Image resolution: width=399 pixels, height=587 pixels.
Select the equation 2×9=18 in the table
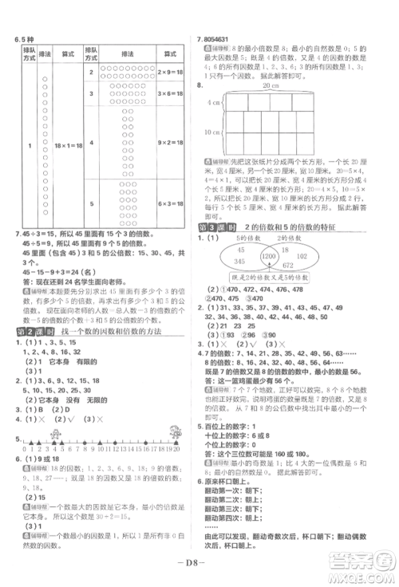point(172,71)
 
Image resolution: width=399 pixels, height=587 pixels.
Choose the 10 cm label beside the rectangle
point(212,133)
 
